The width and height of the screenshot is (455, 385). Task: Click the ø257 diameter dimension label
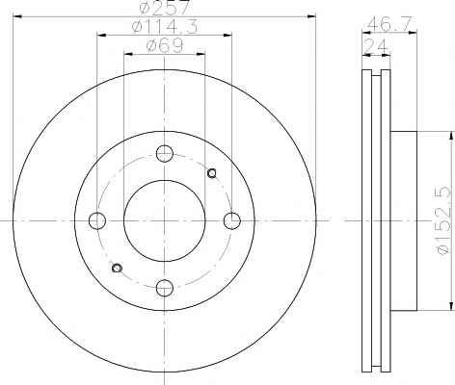point(165,7)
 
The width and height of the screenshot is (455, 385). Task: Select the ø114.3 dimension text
point(165,26)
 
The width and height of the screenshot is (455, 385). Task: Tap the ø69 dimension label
point(165,45)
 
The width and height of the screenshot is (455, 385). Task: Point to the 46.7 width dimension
point(389,24)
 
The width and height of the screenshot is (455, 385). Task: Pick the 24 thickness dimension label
point(376,46)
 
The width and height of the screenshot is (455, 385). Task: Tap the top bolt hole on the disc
point(165,153)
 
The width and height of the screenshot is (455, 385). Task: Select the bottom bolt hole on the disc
point(165,288)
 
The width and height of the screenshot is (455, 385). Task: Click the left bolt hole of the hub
point(97,220)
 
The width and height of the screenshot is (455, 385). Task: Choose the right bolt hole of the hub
point(231,220)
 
